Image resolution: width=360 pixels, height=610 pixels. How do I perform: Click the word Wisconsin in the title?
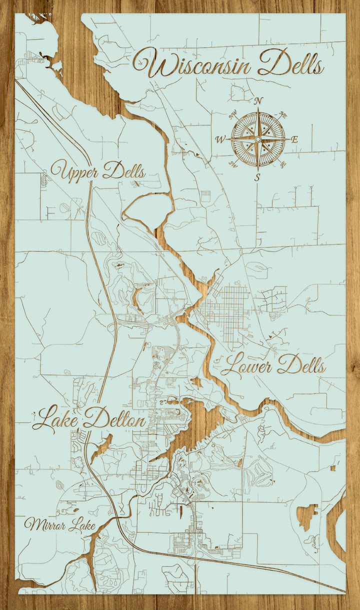tap(192, 64)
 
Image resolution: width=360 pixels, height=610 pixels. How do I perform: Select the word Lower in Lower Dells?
tap(246, 366)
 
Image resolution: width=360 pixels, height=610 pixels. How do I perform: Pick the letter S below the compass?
tap(257, 177)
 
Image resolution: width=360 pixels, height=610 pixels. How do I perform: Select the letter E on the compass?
tap(294, 139)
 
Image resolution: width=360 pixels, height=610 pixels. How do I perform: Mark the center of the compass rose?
tap(258, 139)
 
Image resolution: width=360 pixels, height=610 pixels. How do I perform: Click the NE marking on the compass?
tap(283, 115)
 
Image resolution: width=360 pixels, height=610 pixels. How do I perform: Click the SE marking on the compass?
tap(283, 163)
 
